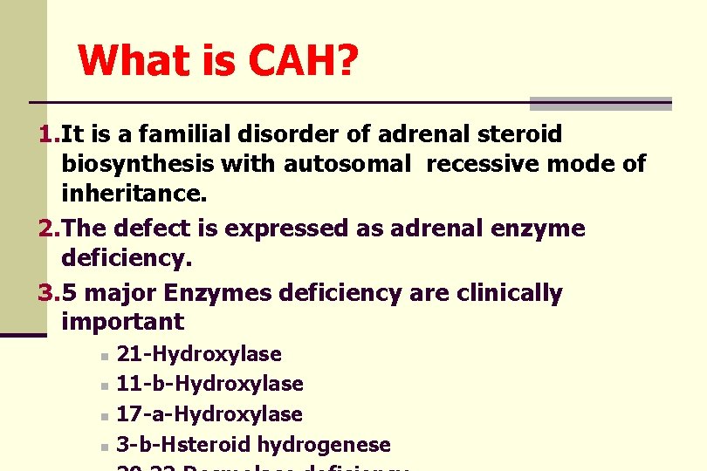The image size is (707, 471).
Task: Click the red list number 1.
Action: [48, 134]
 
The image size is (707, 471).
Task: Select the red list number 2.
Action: [49, 229]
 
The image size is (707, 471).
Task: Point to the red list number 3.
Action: [49, 294]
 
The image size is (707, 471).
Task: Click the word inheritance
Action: [134, 192]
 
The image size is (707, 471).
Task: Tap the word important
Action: [123, 322]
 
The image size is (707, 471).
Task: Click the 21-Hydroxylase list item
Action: [199, 354]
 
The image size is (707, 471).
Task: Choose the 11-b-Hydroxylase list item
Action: [209, 384]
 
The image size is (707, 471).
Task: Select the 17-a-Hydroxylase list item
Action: [209, 414]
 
